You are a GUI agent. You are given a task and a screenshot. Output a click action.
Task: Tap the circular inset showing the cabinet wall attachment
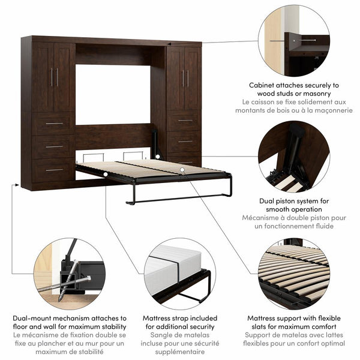click(294, 40)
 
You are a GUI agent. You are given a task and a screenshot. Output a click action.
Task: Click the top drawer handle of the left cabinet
click(54, 124)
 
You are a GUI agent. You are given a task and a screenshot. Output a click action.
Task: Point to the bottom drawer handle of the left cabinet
click(54, 170)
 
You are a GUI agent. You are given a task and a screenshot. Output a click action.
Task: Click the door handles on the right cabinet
click(185, 78)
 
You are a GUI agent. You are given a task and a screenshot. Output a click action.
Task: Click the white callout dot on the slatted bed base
click(182, 170)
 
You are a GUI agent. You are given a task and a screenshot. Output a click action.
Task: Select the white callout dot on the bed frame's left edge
click(106, 175)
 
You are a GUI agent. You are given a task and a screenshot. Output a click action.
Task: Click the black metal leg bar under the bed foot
click(180, 199)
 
